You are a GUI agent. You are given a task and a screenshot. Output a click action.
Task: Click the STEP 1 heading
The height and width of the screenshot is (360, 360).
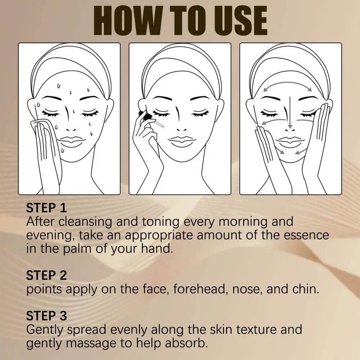pos(46,208)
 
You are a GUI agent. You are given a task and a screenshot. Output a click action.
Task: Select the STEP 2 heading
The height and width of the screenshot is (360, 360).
pos(46,275)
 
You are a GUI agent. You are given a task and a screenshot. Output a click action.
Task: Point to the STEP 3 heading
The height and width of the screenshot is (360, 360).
pos(46,316)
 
